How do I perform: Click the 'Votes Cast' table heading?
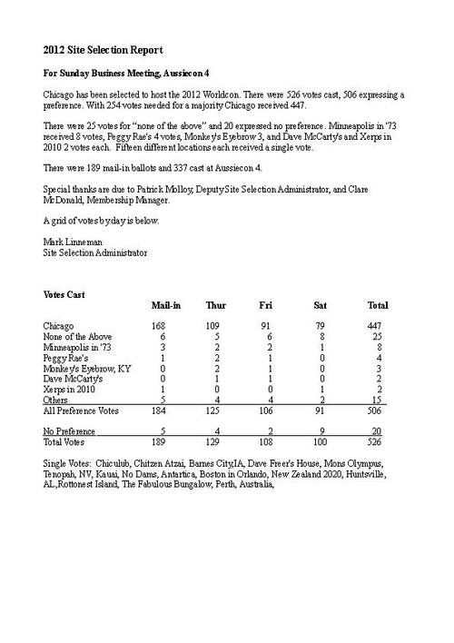point(64,294)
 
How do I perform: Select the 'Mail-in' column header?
point(165,305)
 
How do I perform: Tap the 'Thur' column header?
point(216,305)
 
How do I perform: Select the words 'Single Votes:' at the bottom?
point(69,463)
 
